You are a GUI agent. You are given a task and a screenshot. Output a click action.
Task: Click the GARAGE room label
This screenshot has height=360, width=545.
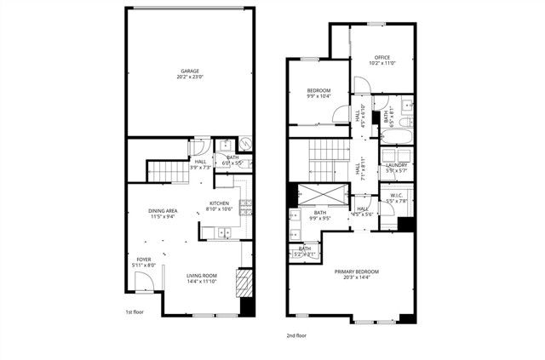(189, 71)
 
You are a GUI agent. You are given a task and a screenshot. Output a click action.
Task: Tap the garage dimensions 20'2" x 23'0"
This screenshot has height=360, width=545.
(189, 78)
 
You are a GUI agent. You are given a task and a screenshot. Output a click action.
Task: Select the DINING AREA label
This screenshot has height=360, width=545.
(163, 209)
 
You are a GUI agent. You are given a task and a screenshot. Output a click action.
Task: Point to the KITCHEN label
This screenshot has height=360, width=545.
(219, 203)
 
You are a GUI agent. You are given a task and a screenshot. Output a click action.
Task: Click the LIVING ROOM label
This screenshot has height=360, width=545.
(203, 275)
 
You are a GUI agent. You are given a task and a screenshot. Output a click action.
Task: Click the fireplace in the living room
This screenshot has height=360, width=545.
(244, 283)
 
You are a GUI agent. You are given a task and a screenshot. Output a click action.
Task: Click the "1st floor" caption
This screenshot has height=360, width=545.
(133, 312)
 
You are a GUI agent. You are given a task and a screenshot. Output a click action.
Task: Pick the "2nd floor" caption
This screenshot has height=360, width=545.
(296, 335)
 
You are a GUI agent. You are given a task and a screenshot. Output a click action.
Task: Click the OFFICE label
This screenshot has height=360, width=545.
(381, 58)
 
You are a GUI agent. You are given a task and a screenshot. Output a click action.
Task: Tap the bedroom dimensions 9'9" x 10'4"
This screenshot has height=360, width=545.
(318, 96)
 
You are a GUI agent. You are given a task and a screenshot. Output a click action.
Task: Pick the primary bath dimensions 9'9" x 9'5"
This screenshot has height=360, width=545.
(320, 219)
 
